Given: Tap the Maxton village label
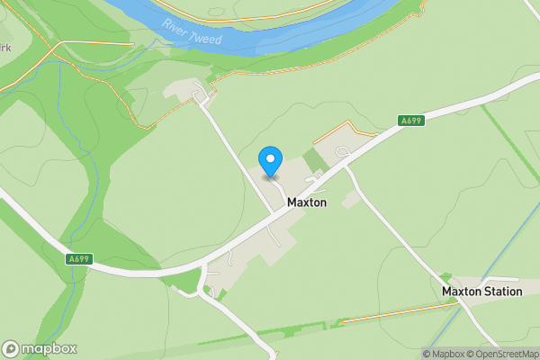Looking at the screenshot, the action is coord(307,203).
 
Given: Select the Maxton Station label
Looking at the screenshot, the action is coord(481,292).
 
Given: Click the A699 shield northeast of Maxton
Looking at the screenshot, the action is coord(411,120).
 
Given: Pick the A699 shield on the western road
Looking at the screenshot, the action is coord(79,259).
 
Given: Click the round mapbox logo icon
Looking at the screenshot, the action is coord(11,349).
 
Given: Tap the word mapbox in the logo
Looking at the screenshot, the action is coord(49,349).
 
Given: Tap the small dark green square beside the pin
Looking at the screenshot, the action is coord(313,161).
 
